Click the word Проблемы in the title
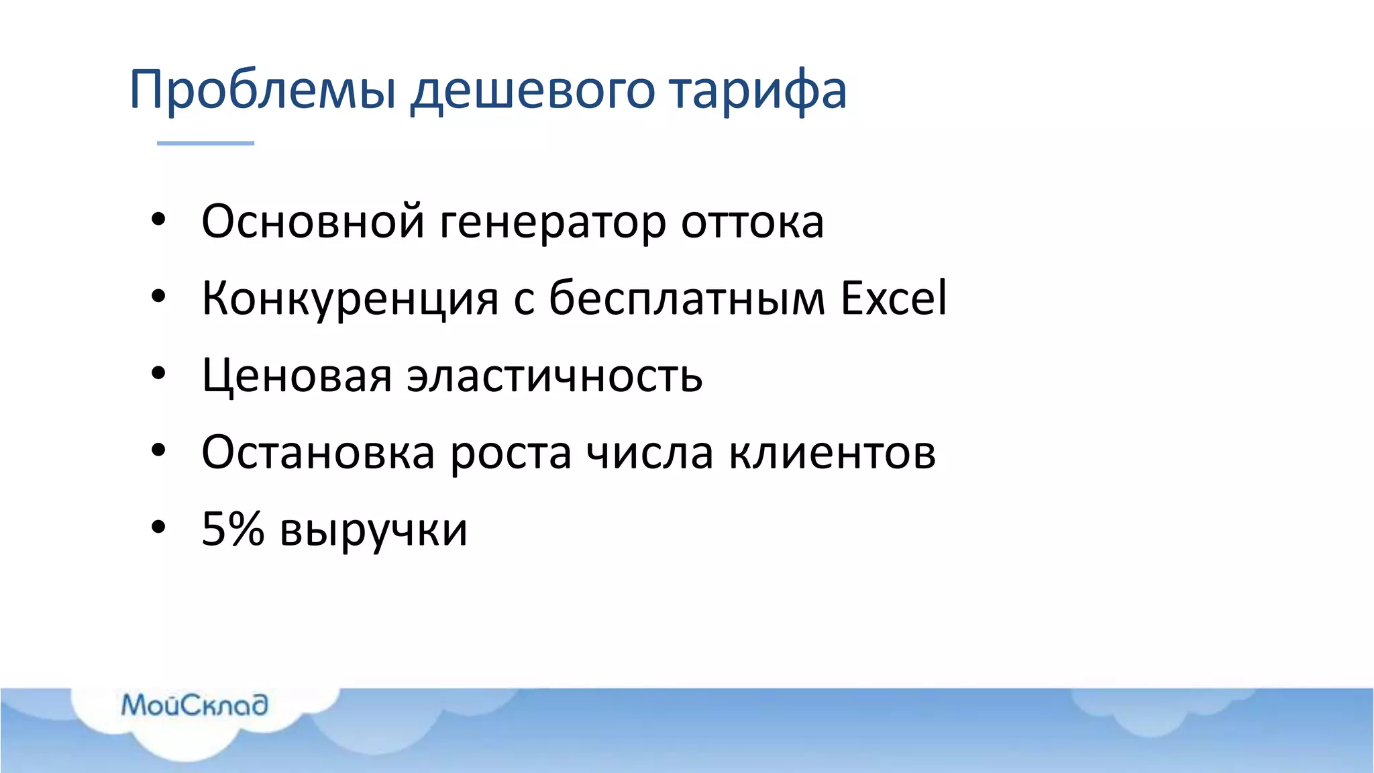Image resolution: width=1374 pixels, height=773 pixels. [x=262, y=90]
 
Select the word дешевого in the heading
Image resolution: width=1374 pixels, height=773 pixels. [x=532, y=90]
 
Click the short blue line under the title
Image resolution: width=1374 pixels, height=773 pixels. [x=205, y=143]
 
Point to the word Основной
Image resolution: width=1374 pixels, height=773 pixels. [x=313, y=221]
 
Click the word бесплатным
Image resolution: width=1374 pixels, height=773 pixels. [x=687, y=298]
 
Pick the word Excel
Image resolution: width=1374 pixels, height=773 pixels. [x=894, y=298]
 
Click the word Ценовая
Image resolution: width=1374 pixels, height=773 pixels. [x=297, y=376]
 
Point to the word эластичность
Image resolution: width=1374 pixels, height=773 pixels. [x=555, y=376]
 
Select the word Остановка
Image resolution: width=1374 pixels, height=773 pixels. [x=318, y=452]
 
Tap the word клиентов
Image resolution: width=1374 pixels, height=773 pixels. [x=832, y=452]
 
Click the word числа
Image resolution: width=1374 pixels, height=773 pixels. [x=649, y=452]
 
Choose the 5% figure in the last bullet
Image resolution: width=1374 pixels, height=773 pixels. [x=233, y=529]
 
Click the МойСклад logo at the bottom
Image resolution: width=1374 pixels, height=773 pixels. [x=195, y=705]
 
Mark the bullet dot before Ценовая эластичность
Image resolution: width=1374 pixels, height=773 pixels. [x=158, y=374]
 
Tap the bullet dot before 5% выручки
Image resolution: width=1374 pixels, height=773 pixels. [x=158, y=527]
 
